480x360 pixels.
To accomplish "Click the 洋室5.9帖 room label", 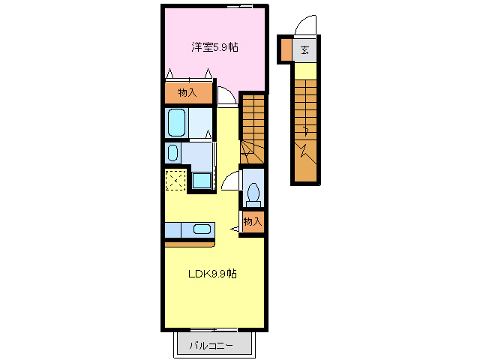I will [214, 46].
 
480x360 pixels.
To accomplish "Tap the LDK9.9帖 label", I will [212, 274].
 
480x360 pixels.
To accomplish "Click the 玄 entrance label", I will [305, 51].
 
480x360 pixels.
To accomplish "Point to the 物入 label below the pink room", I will [187, 92].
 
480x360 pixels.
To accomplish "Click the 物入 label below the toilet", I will [253, 221].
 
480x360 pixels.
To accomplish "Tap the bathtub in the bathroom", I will [177, 122].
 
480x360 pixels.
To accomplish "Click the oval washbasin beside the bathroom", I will [173, 154].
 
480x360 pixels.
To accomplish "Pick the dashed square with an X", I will [176, 181].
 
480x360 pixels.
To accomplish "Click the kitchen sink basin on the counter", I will [201, 229].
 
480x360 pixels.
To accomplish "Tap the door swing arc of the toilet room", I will [231, 182].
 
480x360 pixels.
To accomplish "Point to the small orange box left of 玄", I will [285, 50].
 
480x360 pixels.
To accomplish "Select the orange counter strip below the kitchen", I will [190, 243].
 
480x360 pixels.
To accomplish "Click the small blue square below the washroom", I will [201, 181].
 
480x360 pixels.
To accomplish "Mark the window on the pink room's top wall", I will [240, 6].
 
